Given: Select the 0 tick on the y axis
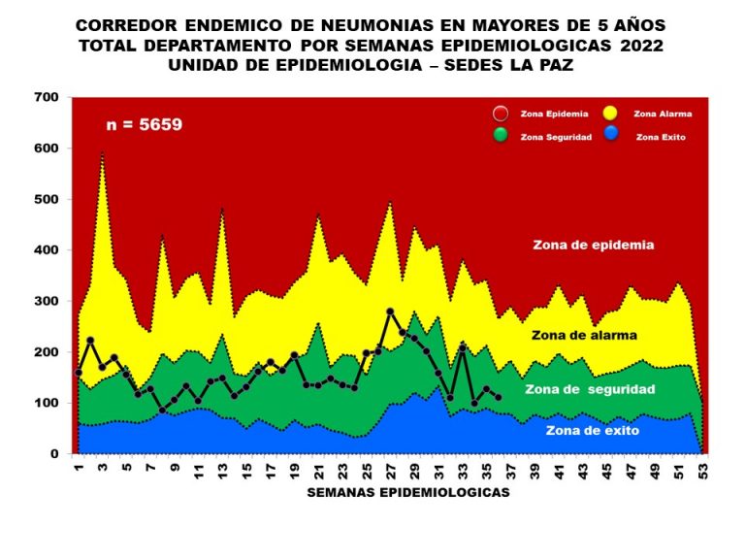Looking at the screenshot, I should pyautogui.click(x=54, y=453).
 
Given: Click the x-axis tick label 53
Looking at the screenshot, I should pyautogui.click(x=705, y=470).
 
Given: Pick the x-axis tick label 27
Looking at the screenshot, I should pyautogui.click(x=391, y=470).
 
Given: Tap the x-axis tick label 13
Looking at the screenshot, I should pyautogui.click(x=222, y=470).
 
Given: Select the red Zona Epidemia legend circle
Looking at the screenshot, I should pyautogui.click(x=500, y=114).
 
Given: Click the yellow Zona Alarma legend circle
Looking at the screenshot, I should pyautogui.click(x=612, y=114).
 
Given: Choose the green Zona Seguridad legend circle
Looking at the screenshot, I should pyautogui.click(x=500, y=136).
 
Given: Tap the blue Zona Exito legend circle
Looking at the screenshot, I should pyautogui.click(x=612, y=136).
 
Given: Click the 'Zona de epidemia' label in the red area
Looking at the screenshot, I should pyautogui.click(x=594, y=246).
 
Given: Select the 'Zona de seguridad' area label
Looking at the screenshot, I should pyautogui.click(x=590, y=389).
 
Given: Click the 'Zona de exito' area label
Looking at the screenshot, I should pyautogui.click(x=591, y=429).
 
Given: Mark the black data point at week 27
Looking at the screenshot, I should pyautogui.click(x=390, y=312).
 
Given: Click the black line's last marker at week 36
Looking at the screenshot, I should pyautogui.click(x=499, y=397).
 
